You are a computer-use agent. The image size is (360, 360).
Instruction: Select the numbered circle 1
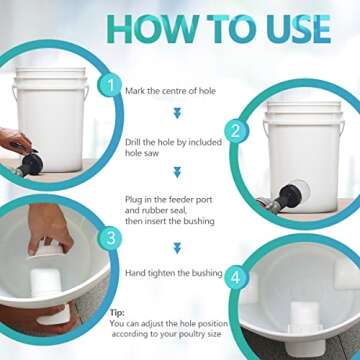(x=111, y=88)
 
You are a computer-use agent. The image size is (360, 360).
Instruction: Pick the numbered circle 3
(x=111, y=238)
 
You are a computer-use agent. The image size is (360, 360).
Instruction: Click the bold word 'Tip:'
(x=118, y=312)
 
